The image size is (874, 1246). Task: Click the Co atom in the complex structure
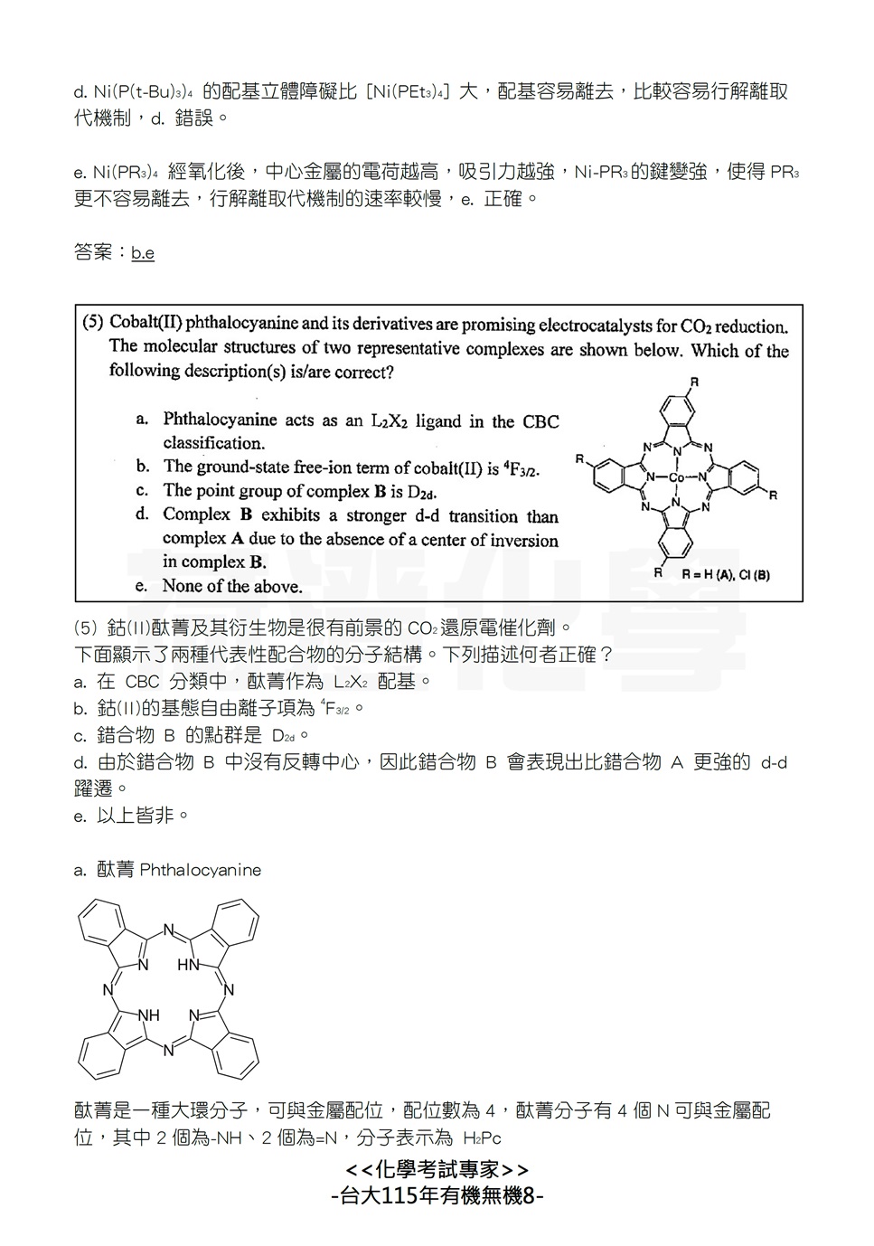676,477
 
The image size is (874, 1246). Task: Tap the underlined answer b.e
143,253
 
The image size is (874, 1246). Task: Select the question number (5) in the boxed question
93,323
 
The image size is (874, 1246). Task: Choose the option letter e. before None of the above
142,586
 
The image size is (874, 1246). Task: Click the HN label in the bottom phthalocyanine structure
188,965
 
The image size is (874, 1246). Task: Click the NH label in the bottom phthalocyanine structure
148,1015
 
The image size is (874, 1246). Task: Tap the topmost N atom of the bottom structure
168,930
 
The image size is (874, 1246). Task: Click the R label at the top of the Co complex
694,382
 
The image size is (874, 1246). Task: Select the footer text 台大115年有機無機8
437,1196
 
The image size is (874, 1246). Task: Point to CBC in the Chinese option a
143,682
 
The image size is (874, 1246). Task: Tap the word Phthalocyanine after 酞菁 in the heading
201,870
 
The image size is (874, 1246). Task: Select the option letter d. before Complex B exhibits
142,514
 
